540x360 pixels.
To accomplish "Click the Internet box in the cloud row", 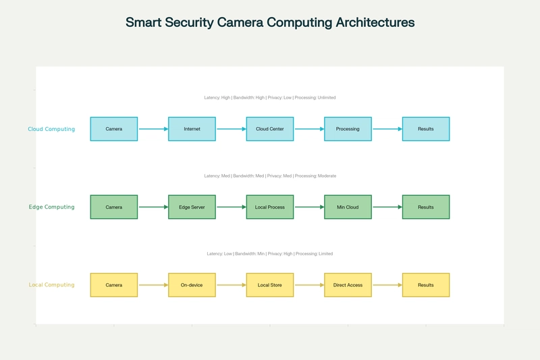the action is pos(192,129).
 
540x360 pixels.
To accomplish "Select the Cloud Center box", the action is pos(270,129).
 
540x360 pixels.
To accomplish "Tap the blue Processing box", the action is pos(348,129).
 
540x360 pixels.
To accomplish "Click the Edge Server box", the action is pos(192,207).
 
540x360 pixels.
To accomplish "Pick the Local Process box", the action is pos(270,207).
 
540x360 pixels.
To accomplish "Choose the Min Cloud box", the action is pos(348,207).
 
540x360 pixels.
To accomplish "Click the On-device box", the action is pos(192,285).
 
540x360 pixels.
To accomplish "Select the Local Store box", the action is pos(270,285).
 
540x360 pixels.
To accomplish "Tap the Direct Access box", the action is pos(348,285).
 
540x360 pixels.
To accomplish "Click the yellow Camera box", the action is pos(114,285).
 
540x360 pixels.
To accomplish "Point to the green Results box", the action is pos(426,207).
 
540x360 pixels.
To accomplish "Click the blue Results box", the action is pos(426,129).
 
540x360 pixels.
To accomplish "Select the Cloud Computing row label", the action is pos(51,129).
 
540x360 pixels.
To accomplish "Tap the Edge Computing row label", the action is pos(52,207).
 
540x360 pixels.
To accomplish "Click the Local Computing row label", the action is pos(52,285).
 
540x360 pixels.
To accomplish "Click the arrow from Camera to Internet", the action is pos(153,129).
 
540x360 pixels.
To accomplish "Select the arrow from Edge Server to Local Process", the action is pos(232,207).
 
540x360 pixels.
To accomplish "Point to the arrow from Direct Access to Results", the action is pos(387,285).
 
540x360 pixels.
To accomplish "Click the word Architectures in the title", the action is pos(375,22).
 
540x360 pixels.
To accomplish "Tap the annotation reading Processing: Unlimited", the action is pos(315,97).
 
